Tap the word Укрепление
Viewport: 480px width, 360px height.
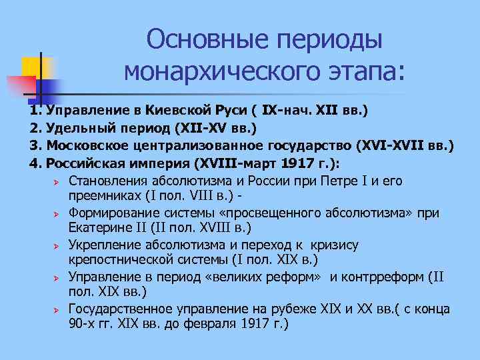tap(107, 245)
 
